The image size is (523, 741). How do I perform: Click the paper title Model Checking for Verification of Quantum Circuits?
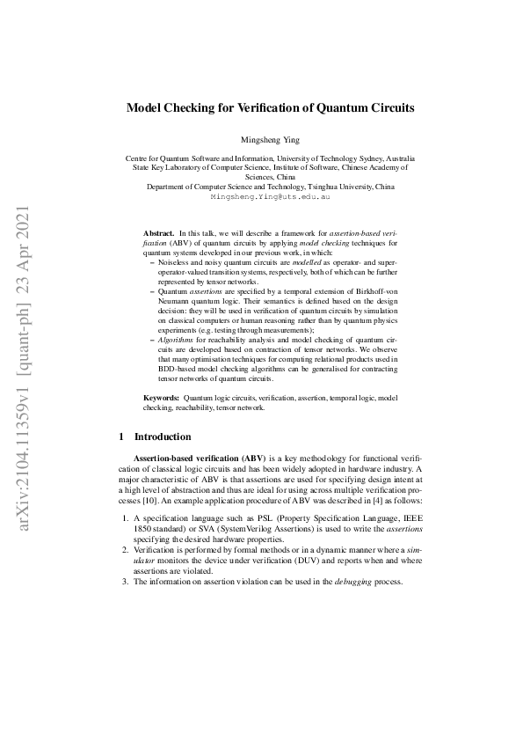[x=271, y=108]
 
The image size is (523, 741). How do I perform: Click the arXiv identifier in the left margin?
[x=24, y=370]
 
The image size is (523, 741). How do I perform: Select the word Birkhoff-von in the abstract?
[x=373, y=291]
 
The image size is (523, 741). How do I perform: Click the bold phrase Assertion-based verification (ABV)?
[x=186, y=459]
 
